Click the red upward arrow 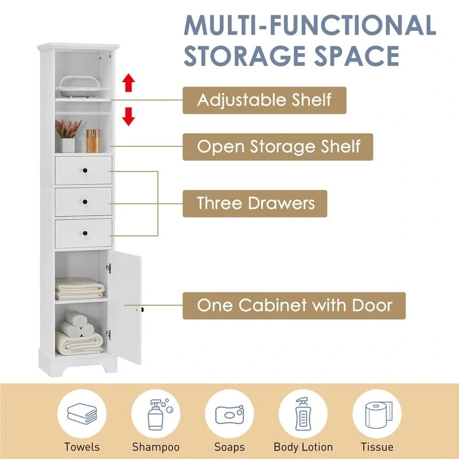click(129, 83)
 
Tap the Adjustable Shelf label click(264, 100)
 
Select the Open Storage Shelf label click(278, 146)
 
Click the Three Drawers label click(255, 203)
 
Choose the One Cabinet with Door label click(294, 305)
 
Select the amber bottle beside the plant click(92, 141)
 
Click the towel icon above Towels click(82, 414)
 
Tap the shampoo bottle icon click(155, 414)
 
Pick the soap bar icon click(229, 414)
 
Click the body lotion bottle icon click(303, 414)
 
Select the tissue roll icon click(377, 414)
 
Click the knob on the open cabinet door click(142, 310)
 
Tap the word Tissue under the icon click(377, 446)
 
